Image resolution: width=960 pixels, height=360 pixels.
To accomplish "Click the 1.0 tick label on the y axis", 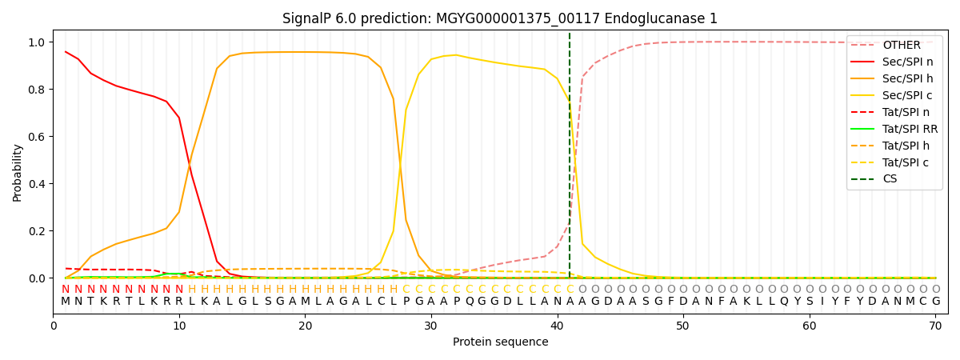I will (38, 42).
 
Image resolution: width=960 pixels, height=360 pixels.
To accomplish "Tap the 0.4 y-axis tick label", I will (38, 184).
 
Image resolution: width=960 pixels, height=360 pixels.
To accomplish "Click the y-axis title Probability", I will (17, 172).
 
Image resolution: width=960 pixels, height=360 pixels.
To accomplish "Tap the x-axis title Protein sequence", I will (500, 342).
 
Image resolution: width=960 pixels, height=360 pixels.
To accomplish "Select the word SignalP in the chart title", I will (310, 18).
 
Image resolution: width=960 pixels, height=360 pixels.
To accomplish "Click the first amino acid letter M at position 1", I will (66, 302).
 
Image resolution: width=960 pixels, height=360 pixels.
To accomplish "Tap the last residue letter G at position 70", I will (935, 302).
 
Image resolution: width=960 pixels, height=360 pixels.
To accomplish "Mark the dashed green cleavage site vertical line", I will (570, 160).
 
